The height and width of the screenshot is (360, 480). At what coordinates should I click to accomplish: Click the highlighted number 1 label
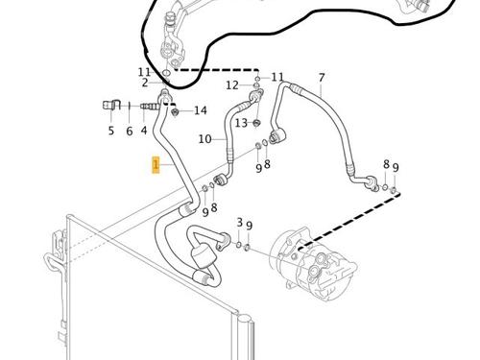155,166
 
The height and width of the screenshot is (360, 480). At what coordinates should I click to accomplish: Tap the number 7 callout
322,78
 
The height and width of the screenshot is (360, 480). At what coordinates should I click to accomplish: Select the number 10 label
205,139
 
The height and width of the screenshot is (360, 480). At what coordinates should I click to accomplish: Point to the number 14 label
200,111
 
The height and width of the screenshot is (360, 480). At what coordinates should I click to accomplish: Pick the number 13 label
242,122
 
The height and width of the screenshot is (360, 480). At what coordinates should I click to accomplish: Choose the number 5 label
110,131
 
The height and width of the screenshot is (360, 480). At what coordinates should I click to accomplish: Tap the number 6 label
129,131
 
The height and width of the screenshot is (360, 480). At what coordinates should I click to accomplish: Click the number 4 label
145,131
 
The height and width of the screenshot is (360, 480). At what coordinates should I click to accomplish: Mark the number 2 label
146,84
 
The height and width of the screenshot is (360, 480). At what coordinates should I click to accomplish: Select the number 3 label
239,223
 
